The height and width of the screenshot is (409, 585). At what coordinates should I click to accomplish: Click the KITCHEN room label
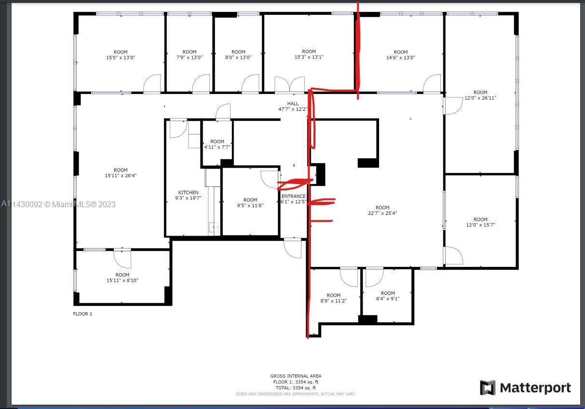pos(188,195)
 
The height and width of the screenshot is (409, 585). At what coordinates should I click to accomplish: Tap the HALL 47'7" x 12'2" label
pos(293,106)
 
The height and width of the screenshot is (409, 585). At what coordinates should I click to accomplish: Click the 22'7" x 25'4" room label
pos(382,211)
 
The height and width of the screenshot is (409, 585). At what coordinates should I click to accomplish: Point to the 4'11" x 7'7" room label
pos(217,145)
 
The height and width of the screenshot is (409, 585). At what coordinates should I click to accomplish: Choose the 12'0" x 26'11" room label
pos(480,95)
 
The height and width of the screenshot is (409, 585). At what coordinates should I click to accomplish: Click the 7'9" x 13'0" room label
pos(190,54)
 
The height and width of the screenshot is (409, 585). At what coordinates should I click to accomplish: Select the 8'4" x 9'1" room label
pos(387,296)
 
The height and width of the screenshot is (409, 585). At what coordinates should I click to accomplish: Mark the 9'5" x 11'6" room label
pos(250,203)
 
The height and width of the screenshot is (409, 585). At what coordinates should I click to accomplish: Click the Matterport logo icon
pos(488,388)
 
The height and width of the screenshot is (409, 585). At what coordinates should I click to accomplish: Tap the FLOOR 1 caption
pos(82,314)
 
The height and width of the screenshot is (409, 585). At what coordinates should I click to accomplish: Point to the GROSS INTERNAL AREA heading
pos(296,376)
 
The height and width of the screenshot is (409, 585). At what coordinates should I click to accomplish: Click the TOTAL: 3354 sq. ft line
pos(296,388)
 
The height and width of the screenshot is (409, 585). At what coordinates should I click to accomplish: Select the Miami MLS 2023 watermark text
pos(58,204)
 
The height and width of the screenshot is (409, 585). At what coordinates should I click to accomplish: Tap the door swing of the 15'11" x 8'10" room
pos(122,259)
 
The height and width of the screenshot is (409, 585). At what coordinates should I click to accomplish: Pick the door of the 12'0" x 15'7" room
pos(453,255)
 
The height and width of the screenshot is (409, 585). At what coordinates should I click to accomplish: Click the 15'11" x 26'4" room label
pos(121,173)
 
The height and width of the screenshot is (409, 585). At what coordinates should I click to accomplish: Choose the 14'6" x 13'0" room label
pos(400,55)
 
